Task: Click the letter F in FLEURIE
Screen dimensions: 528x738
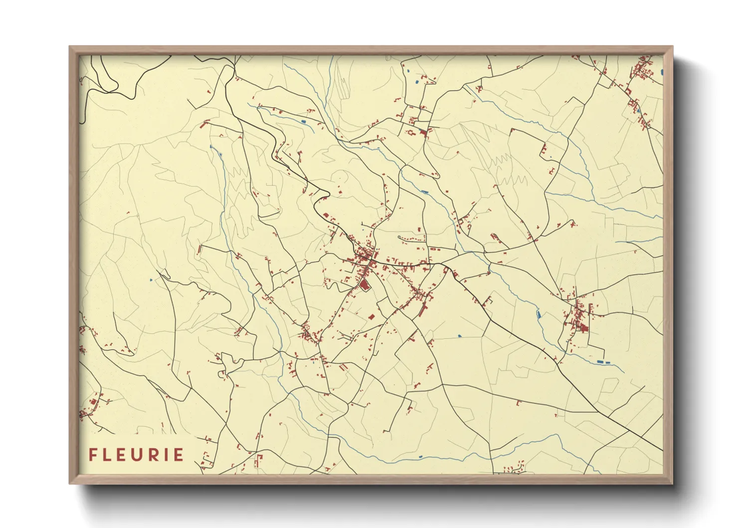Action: [93, 455]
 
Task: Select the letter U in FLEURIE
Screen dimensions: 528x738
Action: [141, 455]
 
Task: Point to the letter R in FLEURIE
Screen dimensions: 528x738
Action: [157, 455]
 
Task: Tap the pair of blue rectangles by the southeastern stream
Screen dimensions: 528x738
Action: [603, 361]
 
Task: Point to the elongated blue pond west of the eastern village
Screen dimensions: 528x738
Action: [538, 314]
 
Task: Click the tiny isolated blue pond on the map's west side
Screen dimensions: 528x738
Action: [151, 280]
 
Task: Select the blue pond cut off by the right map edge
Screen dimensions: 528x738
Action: [662, 72]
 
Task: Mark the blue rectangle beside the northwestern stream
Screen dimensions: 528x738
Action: [303, 121]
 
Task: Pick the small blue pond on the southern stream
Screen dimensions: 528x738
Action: [420, 456]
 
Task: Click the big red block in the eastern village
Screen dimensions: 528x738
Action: [582, 327]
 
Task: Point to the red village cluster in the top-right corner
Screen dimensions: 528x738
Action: [643, 70]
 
